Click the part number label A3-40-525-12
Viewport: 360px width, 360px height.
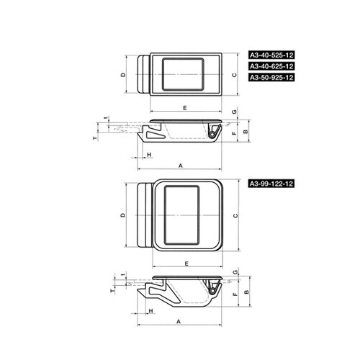(x=271, y=55)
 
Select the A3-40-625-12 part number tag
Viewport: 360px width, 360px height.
(x=271, y=66)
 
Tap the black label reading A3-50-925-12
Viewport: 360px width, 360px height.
(x=271, y=77)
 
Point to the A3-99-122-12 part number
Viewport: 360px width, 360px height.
(x=271, y=184)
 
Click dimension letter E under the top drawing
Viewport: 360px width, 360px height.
(x=185, y=108)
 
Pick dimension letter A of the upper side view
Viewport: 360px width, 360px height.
(x=181, y=166)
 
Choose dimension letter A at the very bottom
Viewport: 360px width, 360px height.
(x=179, y=321)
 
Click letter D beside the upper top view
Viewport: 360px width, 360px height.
(x=123, y=75)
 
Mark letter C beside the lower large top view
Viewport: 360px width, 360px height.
(x=235, y=215)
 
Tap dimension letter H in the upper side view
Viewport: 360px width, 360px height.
(x=149, y=155)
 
